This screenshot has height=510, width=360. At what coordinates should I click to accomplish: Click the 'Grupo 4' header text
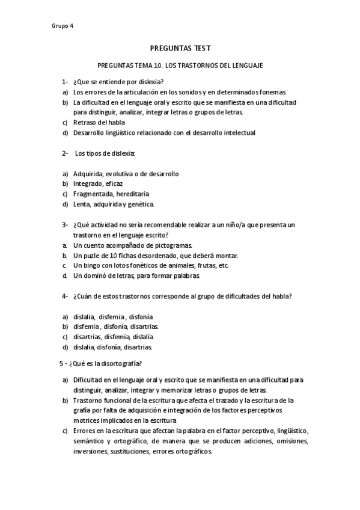63,25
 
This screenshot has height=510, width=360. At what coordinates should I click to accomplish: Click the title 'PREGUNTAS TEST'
180,48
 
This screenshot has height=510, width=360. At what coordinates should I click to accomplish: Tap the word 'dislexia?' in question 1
150,82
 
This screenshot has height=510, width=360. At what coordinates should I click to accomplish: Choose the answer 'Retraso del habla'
99,122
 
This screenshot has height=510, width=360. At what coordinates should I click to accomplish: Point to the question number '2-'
64,153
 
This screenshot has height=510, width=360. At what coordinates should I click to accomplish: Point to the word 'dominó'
96,275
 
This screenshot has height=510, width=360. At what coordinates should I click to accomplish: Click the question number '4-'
64,296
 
